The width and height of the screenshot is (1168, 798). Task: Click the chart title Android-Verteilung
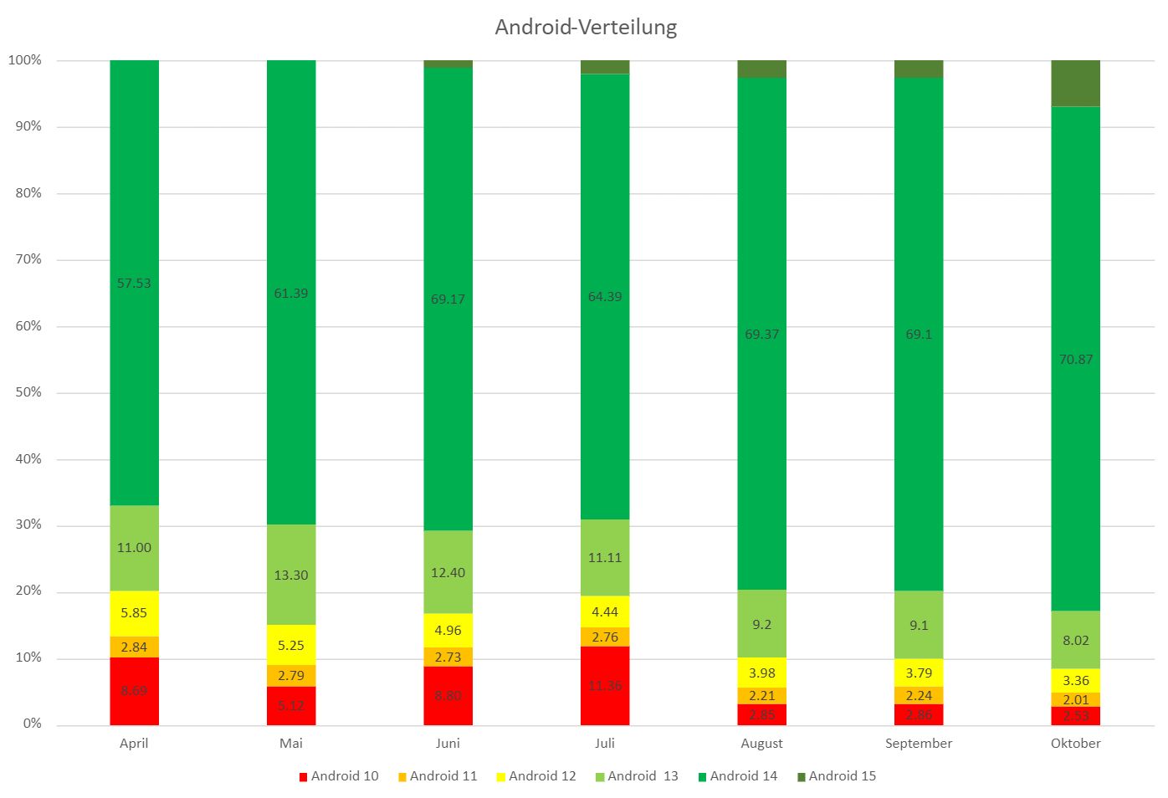click(x=586, y=28)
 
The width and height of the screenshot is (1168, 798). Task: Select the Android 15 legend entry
click(x=836, y=776)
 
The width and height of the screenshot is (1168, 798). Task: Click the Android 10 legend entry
click(x=338, y=776)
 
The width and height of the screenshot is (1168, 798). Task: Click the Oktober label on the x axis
click(x=1075, y=744)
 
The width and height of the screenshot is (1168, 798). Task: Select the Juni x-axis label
click(x=448, y=744)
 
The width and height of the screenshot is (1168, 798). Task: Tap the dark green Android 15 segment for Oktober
click(x=1075, y=83)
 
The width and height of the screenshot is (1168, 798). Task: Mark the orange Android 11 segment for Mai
click(x=291, y=676)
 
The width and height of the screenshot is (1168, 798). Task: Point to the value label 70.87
click(x=1075, y=360)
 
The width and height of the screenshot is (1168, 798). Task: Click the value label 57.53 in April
click(x=134, y=284)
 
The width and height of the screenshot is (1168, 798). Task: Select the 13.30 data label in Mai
click(x=291, y=575)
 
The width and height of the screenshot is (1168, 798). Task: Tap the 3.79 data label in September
click(x=919, y=673)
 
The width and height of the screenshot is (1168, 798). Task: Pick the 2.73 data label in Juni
click(x=448, y=657)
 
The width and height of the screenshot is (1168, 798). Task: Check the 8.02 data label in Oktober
click(x=1075, y=641)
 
